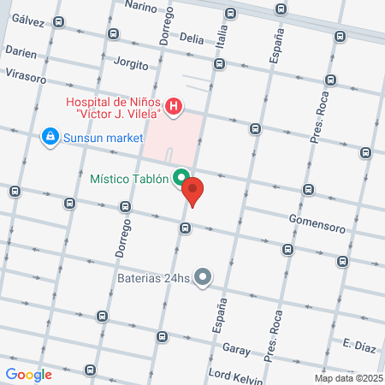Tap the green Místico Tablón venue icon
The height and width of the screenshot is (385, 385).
tap(181, 179)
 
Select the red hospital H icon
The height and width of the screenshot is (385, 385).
tap(174, 106)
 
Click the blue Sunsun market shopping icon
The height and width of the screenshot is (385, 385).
tap(50, 136)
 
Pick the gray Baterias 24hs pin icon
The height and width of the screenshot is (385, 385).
tap(203, 276)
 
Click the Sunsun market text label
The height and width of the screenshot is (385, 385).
tap(98, 136)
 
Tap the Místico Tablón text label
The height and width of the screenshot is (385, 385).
tap(129, 179)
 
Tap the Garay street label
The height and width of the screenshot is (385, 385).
tap(235, 349)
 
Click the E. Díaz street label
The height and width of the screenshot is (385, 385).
tap(358, 344)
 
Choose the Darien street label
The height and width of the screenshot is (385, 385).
tap(21, 52)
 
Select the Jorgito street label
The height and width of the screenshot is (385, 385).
tap(131, 64)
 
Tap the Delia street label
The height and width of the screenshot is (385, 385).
tap(192, 38)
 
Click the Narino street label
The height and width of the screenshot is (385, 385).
tap(142, 6)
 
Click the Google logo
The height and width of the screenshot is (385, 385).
tap(29, 374)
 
